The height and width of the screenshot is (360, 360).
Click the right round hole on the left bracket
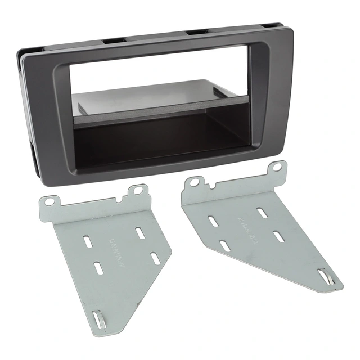(137, 191)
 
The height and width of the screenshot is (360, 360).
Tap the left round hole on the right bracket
(194, 182)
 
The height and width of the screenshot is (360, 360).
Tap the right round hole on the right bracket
(277, 167)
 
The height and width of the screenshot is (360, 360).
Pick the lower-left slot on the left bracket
(97, 267)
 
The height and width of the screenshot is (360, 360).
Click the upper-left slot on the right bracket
(213, 220)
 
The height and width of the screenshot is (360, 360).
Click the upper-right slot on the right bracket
(262, 213)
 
